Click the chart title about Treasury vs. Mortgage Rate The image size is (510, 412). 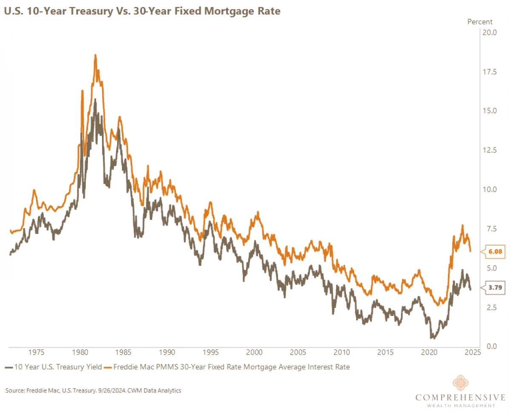coord(142,11)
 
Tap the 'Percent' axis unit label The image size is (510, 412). coord(480,22)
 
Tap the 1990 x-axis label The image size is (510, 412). coord(167,352)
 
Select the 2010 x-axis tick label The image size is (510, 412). coord(341,352)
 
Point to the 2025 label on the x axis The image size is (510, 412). coord(472,352)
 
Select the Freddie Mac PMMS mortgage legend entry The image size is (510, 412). coord(227,367)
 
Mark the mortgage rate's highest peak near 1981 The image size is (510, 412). coord(95,55)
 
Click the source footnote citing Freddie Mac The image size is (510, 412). coord(93,390)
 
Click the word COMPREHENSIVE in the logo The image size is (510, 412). coord(461,398)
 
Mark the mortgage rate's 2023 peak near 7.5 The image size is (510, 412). coord(462,226)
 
